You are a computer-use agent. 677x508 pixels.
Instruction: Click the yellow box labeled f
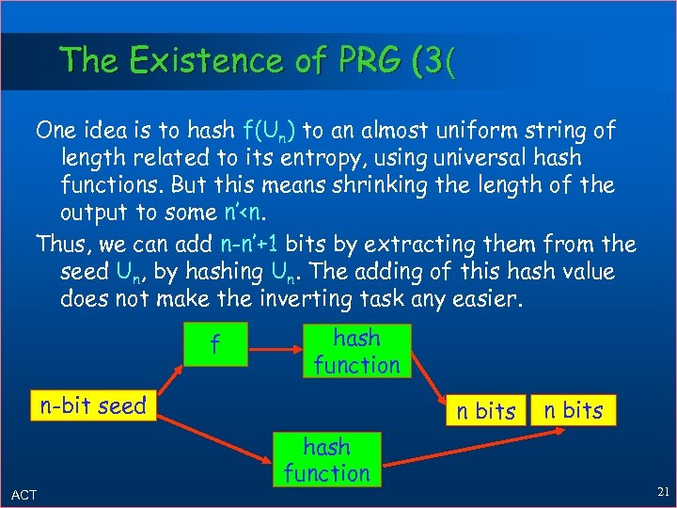[x=215, y=345]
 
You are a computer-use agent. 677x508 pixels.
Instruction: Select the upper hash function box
[x=356, y=351]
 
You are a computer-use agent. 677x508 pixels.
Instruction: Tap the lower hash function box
[x=326, y=460]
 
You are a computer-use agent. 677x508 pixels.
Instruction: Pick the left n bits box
[x=481, y=410]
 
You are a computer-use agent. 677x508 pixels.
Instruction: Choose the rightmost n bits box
[x=571, y=409]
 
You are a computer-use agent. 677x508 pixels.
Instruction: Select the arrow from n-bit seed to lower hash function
[x=207, y=437]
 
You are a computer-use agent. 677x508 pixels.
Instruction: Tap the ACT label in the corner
[x=24, y=495]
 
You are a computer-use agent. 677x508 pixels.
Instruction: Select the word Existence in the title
[x=200, y=61]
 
